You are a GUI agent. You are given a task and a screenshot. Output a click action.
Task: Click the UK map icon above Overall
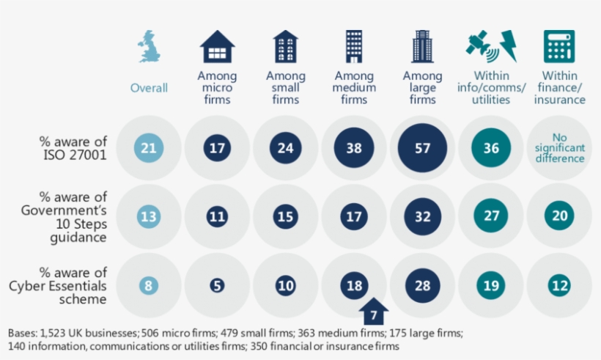pyautogui.click(x=149, y=46)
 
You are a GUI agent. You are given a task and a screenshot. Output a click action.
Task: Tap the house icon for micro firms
pyautogui.click(x=217, y=46)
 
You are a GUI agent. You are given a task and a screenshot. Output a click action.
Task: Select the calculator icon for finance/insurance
pyautogui.click(x=559, y=46)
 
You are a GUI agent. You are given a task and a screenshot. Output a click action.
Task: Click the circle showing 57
pyautogui.click(x=422, y=148)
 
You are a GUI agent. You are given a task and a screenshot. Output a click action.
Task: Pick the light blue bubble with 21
pyautogui.click(x=149, y=148)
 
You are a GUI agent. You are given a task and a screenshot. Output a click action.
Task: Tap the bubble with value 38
pyautogui.click(x=354, y=148)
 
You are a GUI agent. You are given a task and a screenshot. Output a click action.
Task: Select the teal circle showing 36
pyautogui.click(x=491, y=148)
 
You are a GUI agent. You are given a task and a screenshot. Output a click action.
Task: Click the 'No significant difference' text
pyautogui.click(x=559, y=147)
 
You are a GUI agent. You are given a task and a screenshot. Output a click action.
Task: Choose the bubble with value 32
pyautogui.click(x=422, y=216)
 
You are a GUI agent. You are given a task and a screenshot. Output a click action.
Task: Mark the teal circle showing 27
pyautogui.click(x=491, y=216)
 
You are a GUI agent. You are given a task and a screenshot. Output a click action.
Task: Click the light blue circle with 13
pyautogui.click(x=149, y=216)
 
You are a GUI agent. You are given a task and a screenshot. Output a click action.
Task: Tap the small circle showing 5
pyautogui.click(x=217, y=285)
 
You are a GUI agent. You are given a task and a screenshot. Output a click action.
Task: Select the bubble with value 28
pyautogui.click(x=422, y=285)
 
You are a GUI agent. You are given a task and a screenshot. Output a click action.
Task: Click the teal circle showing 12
pyautogui.click(x=559, y=285)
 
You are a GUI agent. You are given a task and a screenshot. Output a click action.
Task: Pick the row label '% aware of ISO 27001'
pyautogui.click(x=73, y=147)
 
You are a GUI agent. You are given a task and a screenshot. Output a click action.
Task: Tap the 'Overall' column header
pyautogui.click(x=149, y=88)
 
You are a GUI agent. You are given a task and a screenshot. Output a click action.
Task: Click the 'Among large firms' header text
pyautogui.click(x=422, y=88)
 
